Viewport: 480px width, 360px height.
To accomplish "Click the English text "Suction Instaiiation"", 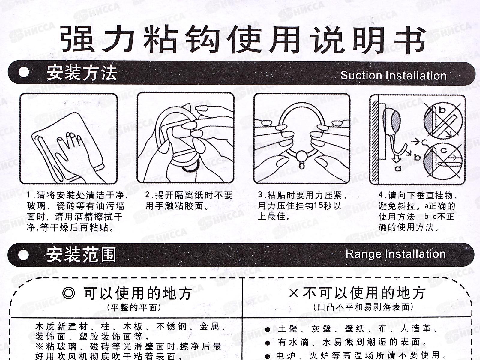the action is [x=393, y=76].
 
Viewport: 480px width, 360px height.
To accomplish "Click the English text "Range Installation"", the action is [x=395, y=254].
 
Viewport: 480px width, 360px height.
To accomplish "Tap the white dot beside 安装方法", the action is [x=24, y=73].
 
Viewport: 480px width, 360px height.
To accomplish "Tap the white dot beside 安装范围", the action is [x=24, y=255].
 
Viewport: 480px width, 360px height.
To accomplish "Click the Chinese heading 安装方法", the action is [x=82, y=73].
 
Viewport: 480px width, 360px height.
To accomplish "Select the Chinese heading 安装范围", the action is [x=81, y=255].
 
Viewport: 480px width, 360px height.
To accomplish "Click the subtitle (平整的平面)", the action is [x=134, y=307].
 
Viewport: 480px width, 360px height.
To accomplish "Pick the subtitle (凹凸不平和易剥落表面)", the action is [x=364, y=307].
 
